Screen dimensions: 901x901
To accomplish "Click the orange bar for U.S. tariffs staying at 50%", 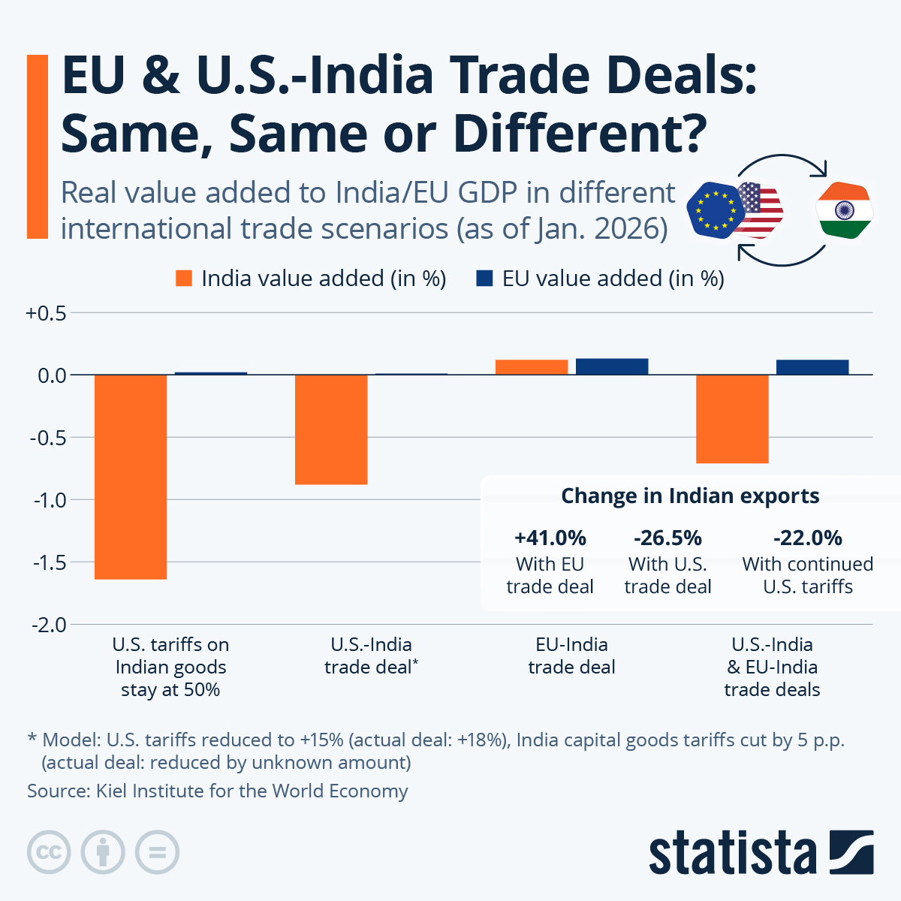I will (x=131, y=477).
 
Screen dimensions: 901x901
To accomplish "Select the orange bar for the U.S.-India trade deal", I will (x=331, y=429).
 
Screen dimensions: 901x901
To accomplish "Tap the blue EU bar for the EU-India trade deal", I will (x=612, y=366).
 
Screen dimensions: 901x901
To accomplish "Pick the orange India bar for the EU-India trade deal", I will (x=532, y=367).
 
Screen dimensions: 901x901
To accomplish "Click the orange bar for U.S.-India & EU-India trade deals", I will (x=732, y=419).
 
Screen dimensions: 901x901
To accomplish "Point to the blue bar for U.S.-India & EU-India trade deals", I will (x=812, y=367).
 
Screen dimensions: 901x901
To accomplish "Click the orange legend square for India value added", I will (x=184, y=279).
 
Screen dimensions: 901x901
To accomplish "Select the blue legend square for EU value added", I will (x=484, y=279).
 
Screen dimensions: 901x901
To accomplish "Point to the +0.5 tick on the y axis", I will (x=47, y=313).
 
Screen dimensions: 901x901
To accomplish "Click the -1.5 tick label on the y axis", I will (x=47, y=562).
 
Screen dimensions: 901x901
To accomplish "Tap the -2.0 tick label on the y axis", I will (x=47, y=625).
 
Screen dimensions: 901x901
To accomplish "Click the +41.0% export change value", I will (x=550, y=538).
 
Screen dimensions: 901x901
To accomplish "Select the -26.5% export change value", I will (x=667, y=538).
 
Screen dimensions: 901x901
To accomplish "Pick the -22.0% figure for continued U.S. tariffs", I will (x=808, y=538).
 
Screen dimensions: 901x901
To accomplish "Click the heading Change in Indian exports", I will (x=690, y=496).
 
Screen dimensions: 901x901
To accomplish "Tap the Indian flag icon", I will (x=844, y=210).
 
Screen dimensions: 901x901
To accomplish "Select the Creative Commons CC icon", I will (x=49, y=852).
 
